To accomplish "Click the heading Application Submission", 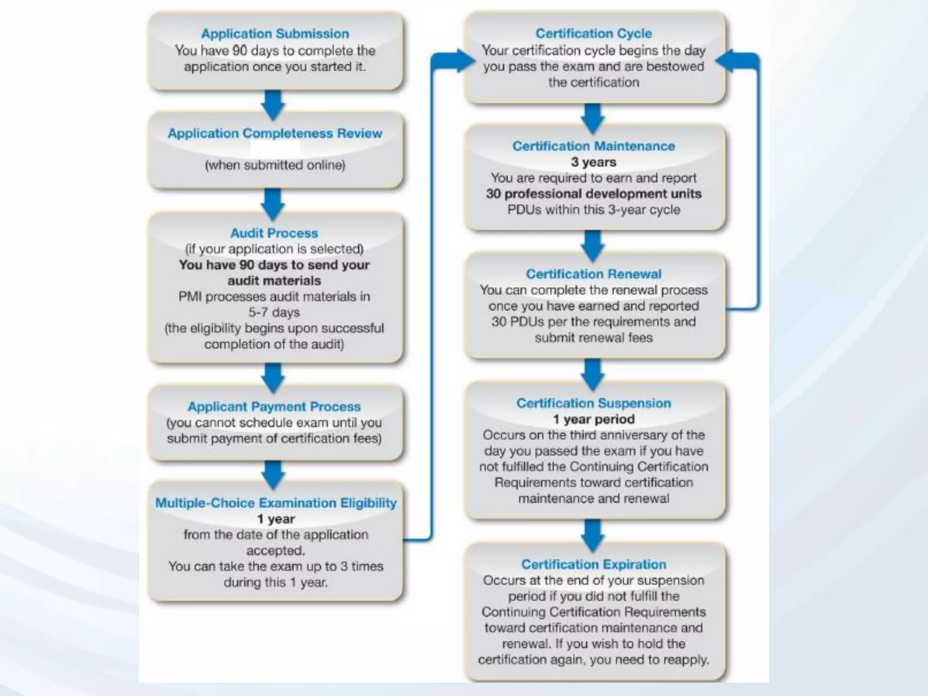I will coord(275,34).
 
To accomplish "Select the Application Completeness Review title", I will coord(275,134).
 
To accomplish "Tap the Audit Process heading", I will coord(274,233).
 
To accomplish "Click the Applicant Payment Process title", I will coord(274,407).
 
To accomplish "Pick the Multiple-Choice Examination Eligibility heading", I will coord(275,503).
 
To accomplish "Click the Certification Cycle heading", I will coord(594,34).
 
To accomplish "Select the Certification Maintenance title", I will coord(594,146).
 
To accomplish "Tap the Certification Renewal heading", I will coord(594,274).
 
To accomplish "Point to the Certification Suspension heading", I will coord(594,403).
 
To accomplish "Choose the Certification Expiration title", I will coord(594,565).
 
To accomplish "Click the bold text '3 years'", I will coord(594,162).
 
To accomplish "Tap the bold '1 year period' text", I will coord(594,419).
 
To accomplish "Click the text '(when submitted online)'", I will coord(275,165).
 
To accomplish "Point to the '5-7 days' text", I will coord(274,313).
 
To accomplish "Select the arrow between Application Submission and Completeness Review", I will coord(273,105).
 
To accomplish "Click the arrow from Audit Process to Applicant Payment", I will coord(273,377).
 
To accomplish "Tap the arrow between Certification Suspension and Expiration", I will coord(593,535).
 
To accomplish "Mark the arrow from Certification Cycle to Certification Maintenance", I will coord(593,117).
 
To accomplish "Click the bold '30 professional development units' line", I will coord(594,194).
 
